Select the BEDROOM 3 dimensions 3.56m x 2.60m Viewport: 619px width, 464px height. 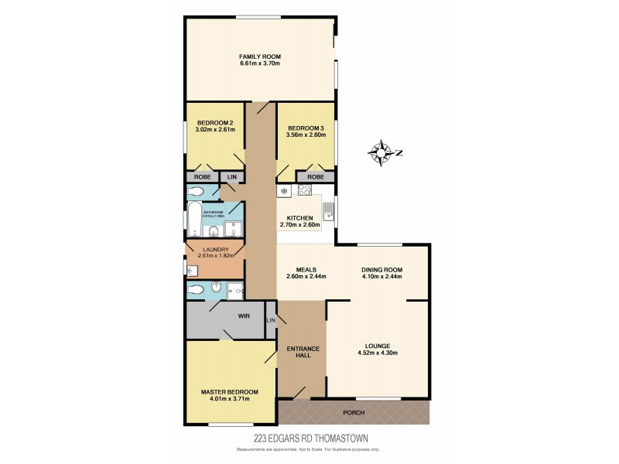[x=306, y=135]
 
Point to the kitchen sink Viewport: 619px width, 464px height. [x=328, y=210]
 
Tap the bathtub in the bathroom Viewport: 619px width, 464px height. [x=193, y=220]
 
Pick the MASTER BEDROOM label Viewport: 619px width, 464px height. [x=230, y=392]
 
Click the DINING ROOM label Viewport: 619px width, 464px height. [x=382, y=270]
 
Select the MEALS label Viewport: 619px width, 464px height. [x=306, y=270]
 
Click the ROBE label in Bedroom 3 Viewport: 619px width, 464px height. [x=316, y=176]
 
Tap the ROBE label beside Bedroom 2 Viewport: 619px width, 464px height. [x=200, y=176]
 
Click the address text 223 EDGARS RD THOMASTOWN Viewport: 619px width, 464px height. [x=309, y=438]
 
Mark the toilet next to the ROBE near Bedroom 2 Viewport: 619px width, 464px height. [x=195, y=191]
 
